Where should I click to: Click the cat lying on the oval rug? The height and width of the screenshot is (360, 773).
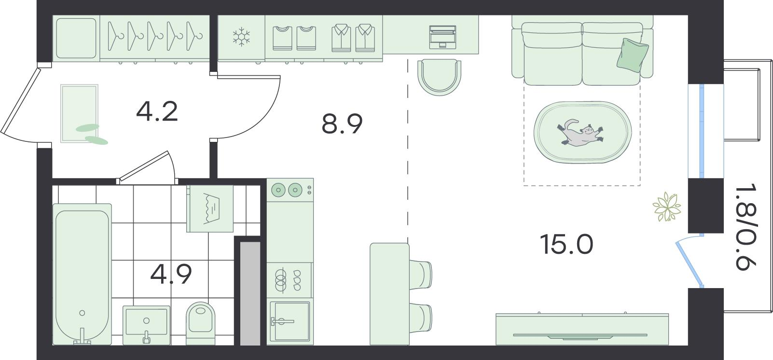coord(580,133)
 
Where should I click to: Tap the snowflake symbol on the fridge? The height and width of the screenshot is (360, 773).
coord(241,37)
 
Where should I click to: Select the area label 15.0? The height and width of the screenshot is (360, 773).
coord(566,244)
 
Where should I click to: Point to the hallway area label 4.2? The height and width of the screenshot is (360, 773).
coord(157,111)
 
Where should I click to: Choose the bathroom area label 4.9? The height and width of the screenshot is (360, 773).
coord(171,274)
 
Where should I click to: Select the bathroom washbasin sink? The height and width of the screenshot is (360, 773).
coord(147,325)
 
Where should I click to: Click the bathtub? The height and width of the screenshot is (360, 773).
coord(82,274)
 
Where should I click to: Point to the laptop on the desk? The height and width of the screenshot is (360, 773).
coord(443,37)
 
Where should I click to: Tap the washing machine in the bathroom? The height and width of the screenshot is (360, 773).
coord(210,208)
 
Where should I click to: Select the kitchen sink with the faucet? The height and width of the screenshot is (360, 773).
coord(290,321)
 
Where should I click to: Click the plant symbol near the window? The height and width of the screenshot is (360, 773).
coord(667,207)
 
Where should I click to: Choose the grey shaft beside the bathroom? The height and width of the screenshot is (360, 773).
coord(250,293)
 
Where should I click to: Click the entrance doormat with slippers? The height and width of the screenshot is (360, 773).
coord(80,113)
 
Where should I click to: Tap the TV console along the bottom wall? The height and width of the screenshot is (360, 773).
coord(582,329)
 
